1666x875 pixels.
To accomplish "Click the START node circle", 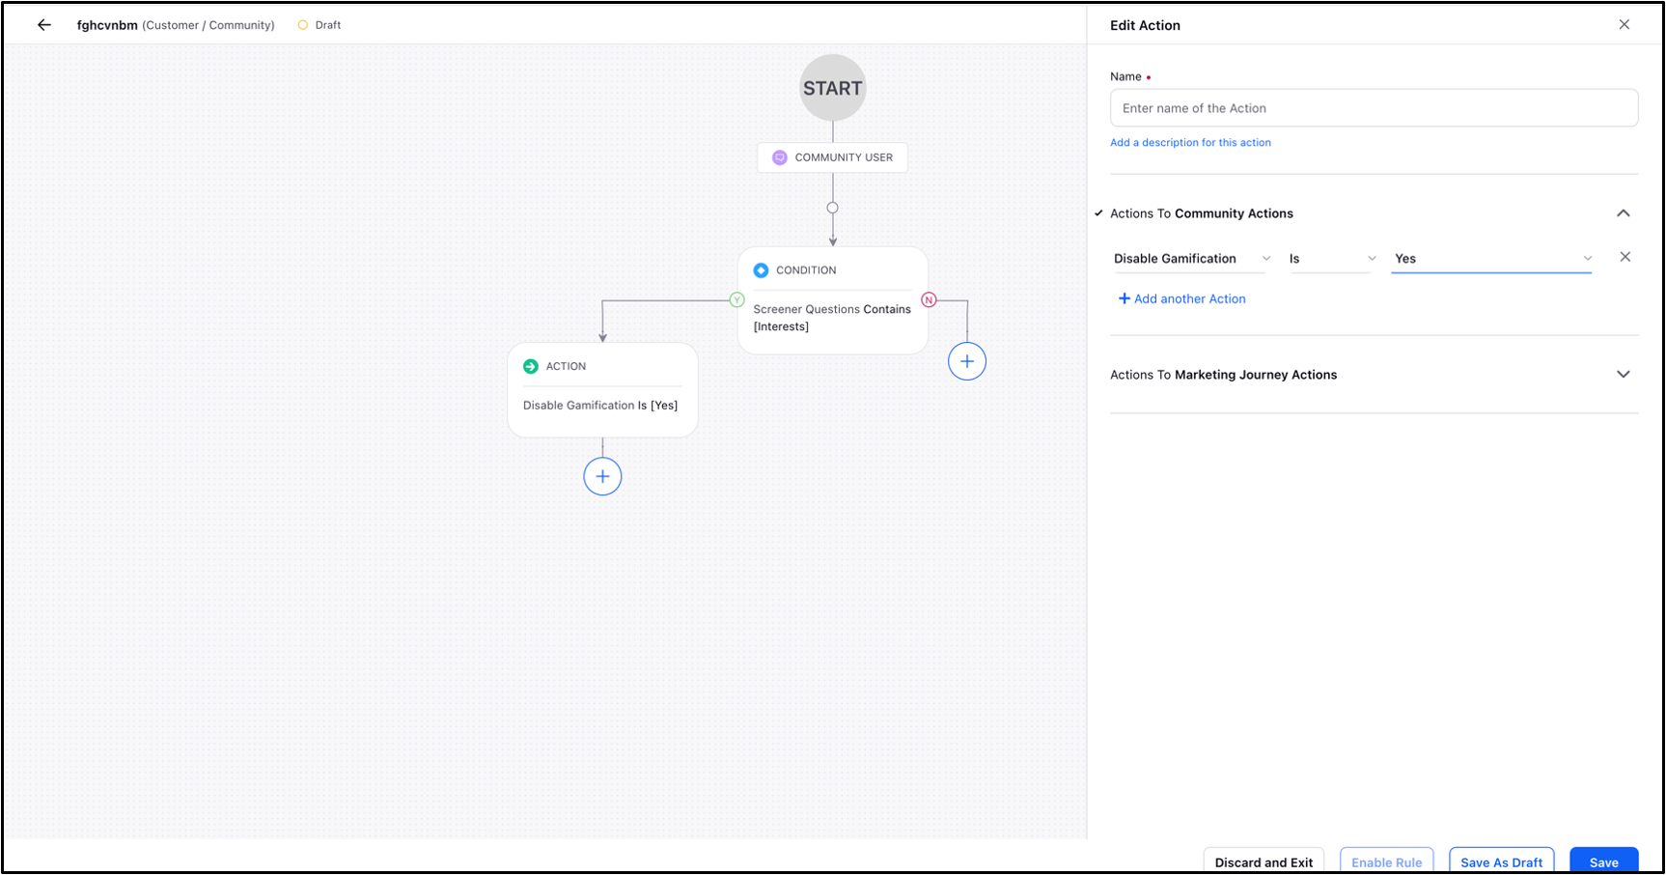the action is click(832, 88).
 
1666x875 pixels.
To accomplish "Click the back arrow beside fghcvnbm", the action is click(44, 25).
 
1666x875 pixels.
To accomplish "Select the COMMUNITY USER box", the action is click(832, 157).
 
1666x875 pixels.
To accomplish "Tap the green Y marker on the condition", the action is click(736, 300).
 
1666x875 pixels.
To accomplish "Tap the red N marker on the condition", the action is click(929, 300).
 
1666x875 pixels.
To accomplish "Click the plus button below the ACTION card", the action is click(602, 476).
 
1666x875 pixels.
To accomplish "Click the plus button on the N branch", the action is click(967, 361).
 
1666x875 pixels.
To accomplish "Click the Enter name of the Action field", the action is click(1374, 108).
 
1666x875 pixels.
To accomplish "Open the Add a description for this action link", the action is click(1190, 143).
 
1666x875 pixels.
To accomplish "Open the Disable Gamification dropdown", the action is click(1192, 259).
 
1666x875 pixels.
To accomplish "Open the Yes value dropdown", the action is click(1491, 259).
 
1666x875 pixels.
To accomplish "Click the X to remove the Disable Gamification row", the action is click(1625, 257).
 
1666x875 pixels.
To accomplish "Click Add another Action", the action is click(1181, 299).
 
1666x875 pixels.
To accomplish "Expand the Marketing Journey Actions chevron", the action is click(1624, 375).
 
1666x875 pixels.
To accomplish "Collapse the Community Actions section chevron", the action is click(1624, 213).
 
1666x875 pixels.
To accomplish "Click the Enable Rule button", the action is click(1386, 861).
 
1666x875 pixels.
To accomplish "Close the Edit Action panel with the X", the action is click(1624, 25).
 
